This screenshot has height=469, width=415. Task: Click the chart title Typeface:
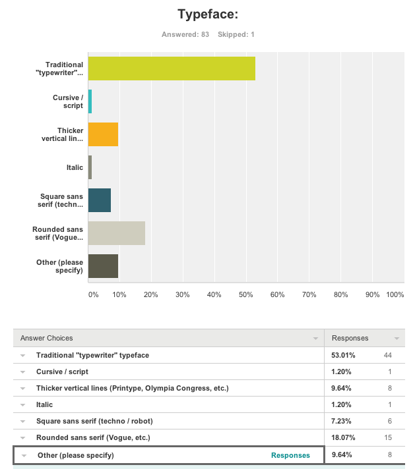point(207,14)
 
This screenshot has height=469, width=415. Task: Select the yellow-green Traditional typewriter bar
point(172,69)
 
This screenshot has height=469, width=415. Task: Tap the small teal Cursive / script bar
point(90,101)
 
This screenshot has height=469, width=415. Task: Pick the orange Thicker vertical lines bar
point(103,134)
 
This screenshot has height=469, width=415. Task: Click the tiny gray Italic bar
point(90,167)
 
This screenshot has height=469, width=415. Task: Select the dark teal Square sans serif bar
point(99,200)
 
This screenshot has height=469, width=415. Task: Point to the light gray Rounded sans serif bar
point(116,233)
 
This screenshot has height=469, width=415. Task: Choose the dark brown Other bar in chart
point(103,266)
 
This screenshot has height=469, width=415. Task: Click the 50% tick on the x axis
point(245,294)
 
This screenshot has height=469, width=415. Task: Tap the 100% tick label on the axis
point(395,294)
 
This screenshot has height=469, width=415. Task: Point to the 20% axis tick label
point(150,294)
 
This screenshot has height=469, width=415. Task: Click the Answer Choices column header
point(47,338)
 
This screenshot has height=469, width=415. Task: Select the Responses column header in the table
point(350,338)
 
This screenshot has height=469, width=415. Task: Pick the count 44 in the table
point(388,355)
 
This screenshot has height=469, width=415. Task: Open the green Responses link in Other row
point(290,455)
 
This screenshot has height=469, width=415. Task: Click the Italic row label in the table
point(45,404)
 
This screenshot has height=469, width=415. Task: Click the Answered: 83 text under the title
point(185,34)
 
